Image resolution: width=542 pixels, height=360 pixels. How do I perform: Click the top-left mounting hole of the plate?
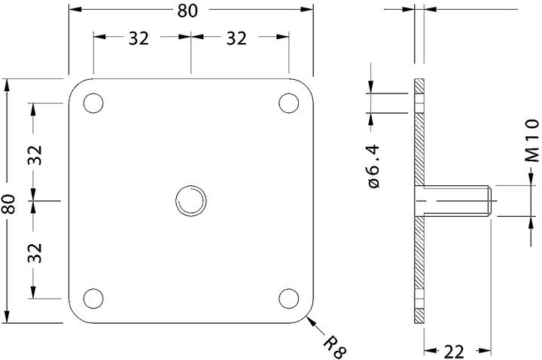(93, 102)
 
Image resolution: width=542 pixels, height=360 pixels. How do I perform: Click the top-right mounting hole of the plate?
(288, 102)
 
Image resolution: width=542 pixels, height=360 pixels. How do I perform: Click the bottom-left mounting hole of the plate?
(93, 298)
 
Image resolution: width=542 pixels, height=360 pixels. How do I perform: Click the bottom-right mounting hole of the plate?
(288, 298)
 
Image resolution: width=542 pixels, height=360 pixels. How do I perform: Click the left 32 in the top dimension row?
(138, 39)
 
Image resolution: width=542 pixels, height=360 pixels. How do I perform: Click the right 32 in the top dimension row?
(237, 39)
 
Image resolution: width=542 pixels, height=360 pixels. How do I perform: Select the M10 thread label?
(531, 141)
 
